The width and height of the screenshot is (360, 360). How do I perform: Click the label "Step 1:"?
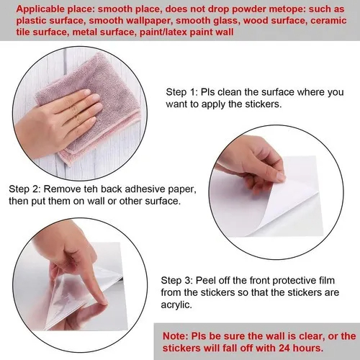pyautogui.click(x=182, y=92)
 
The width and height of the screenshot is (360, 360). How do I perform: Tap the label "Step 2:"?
pyautogui.click(x=24, y=189)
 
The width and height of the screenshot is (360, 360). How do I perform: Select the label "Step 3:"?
pyautogui.click(x=177, y=280)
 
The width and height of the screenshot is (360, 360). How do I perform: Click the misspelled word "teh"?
pyautogui.click(x=91, y=189)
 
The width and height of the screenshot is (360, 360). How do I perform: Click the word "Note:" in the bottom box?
pyautogui.click(x=176, y=336)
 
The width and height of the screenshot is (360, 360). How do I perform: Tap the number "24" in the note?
pyautogui.click(x=284, y=348)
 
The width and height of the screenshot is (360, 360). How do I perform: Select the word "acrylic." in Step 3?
pyautogui.click(x=176, y=305)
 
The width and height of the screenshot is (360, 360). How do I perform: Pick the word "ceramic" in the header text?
pyautogui.click(x=328, y=21)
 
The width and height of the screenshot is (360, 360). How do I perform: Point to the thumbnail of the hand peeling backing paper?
pyautogui.click(x=276, y=192)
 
